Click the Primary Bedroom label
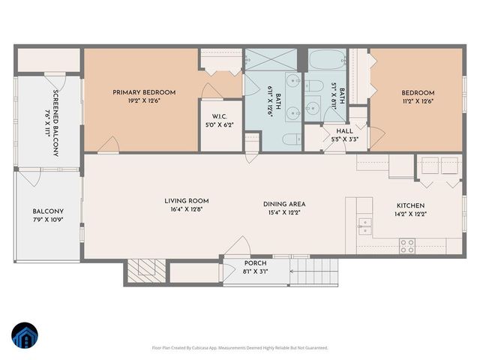point(144,92)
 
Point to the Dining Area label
point(283,204)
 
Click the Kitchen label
point(410,205)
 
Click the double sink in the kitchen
point(365,223)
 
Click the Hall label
point(344,130)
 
